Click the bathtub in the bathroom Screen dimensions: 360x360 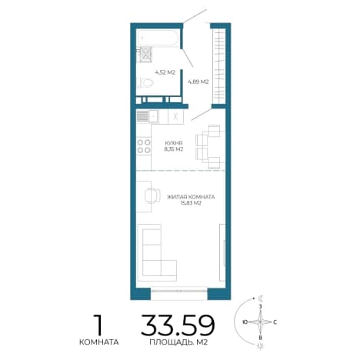[158, 38]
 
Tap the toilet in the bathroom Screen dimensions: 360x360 [145, 82]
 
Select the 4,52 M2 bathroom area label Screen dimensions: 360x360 [165, 72]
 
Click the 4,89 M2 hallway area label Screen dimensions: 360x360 [198, 82]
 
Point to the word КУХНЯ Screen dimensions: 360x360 [174, 143]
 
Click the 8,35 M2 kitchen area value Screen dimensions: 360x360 [174, 149]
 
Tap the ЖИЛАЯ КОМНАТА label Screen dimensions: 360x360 [191, 197]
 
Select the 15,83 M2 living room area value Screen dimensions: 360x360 [191, 203]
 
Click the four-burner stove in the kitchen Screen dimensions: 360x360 [144, 146]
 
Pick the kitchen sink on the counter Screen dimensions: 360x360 [153, 117]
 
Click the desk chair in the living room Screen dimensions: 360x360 [152, 195]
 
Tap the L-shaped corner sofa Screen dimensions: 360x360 [157, 252]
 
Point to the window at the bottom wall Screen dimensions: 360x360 [179, 291]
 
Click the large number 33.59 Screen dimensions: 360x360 [178, 325]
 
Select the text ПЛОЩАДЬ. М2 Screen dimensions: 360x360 [178, 342]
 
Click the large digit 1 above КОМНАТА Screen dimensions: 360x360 [98, 325]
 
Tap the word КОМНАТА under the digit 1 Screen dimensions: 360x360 [99, 342]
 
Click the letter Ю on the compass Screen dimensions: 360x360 [245, 322]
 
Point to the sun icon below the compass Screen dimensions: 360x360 [261, 346]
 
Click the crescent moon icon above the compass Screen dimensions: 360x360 [261, 298]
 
